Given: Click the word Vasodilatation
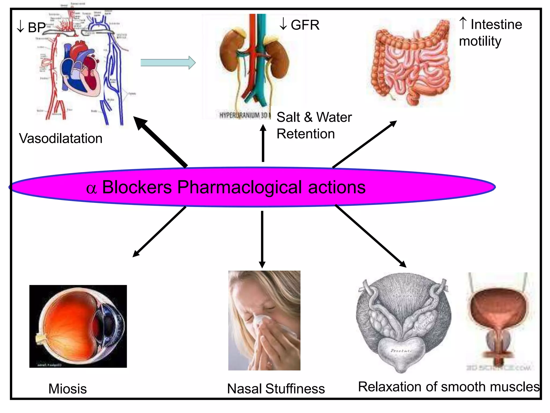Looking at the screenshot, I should click(x=61, y=138).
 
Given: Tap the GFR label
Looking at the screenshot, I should click(x=305, y=25).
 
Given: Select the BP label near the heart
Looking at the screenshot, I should click(x=37, y=27).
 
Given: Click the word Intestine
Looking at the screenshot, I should click(x=496, y=24).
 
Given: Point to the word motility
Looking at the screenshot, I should click(x=480, y=41).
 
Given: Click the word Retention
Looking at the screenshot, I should click(x=306, y=134).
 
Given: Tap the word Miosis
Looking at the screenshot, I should click(x=67, y=389).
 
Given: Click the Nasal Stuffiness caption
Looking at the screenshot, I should click(x=276, y=389).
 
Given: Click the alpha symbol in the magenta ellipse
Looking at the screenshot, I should click(x=91, y=188).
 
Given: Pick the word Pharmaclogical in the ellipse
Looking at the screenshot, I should click(x=240, y=187).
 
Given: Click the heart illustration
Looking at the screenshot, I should click(x=81, y=69).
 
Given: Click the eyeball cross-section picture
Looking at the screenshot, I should click(x=78, y=326).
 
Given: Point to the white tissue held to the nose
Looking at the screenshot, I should click(x=262, y=320).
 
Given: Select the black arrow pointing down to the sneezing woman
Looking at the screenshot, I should click(x=262, y=239).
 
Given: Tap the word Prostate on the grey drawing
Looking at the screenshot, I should click(x=400, y=351).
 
